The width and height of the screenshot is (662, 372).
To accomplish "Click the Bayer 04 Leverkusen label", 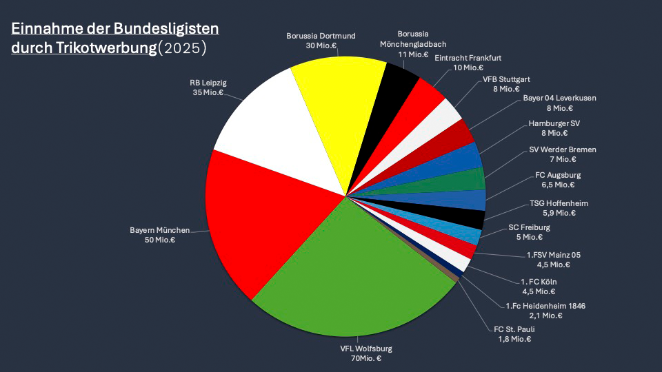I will click(x=559, y=98).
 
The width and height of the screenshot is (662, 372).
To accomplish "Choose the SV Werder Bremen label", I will click(x=563, y=149).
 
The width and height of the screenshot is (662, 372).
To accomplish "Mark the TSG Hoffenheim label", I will click(x=559, y=203).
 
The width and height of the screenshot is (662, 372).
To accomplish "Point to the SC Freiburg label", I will click(x=529, y=227).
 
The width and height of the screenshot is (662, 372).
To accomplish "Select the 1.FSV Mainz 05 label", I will click(x=553, y=255).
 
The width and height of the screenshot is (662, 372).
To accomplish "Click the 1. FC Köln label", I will click(x=539, y=282).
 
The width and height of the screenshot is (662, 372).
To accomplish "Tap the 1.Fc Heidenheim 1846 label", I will click(x=545, y=306).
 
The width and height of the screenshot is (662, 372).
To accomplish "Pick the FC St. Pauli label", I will click(x=514, y=329).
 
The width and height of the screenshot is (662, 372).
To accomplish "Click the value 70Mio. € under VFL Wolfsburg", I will click(x=361, y=358).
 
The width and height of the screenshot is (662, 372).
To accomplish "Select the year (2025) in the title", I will click(x=182, y=49).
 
